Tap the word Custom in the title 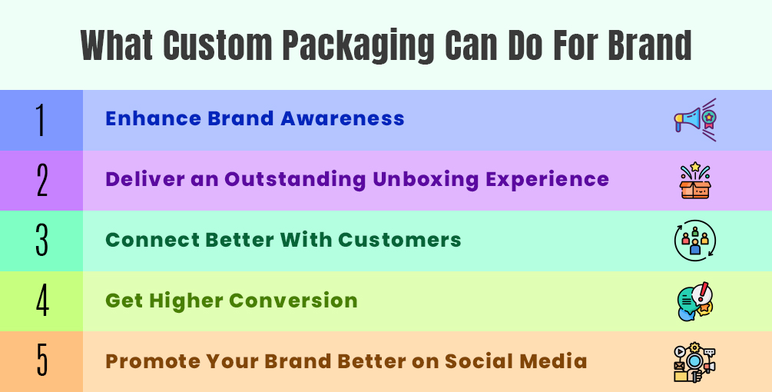tap(217, 45)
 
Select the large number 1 tap(41, 120)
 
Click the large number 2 tap(41, 181)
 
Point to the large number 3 tap(41, 241)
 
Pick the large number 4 tap(42, 301)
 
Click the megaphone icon tap(694, 120)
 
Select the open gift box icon tap(694, 181)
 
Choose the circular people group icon tap(694, 241)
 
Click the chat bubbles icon tap(694, 301)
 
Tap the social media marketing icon tap(694, 363)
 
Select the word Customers tap(399, 240)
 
